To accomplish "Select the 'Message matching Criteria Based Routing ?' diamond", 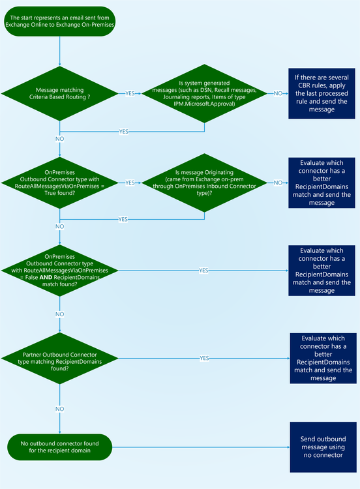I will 60,93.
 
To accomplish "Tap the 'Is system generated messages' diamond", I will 204,93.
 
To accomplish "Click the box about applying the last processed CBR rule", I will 318,93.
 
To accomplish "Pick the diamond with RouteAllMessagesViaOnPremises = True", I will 60,183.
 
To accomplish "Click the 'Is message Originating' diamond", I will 204,183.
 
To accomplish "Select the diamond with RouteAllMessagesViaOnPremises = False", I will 60,270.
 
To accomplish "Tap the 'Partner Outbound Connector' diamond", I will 60,358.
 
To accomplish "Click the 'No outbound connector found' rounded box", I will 60,448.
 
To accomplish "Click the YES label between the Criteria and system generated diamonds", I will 130,93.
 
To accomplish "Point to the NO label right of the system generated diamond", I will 278,93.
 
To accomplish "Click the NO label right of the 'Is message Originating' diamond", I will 278,183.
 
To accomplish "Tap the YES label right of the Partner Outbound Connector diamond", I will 204,358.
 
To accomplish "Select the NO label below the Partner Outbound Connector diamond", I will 60,408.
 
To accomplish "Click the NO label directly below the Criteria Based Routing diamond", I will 60,139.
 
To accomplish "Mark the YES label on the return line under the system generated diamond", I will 123,131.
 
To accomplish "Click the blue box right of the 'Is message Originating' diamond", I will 318,183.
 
